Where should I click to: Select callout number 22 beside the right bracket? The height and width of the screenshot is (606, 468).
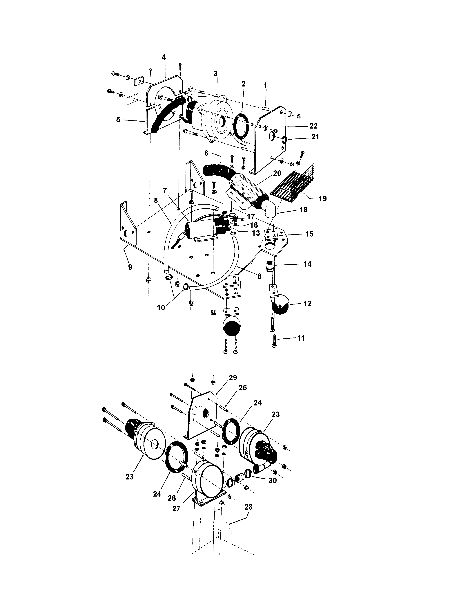click(313, 126)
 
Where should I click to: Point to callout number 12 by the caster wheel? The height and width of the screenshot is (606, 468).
click(307, 303)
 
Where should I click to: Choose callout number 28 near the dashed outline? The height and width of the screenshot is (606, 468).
click(248, 507)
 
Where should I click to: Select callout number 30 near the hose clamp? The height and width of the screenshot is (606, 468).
click(273, 480)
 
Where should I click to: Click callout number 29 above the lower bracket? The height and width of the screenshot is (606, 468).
click(233, 378)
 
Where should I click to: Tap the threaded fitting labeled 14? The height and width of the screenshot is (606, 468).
click(270, 266)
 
